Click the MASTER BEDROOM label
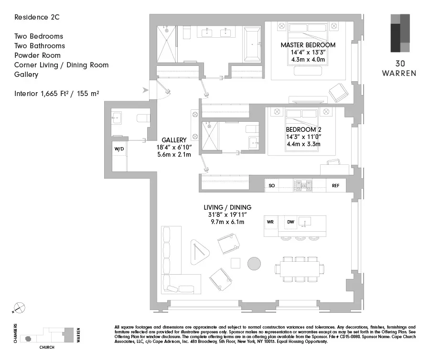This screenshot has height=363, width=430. click(x=308, y=45)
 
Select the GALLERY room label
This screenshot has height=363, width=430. click(x=173, y=140)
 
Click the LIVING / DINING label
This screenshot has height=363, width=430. click(x=227, y=207)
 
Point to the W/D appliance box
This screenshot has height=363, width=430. click(x=119, y=149)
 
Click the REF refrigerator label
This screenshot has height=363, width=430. click(x=335, y=185)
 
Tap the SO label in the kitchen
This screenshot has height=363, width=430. click(x=271, y=185)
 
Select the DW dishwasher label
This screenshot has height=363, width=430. click(x=290, y=222)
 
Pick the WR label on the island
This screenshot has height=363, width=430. click(x=270, y=222)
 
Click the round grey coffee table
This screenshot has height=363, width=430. click(x=254, y=264)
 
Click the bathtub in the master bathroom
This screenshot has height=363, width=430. click(x=252, y=44)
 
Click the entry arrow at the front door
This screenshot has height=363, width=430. click(x=145, y=89)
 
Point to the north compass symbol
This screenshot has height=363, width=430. click(x=20, y=309)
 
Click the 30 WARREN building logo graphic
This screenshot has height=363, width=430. click(x=399, y=33)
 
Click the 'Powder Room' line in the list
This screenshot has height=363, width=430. click(x=37, y=55)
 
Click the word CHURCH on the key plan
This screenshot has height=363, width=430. click(x=46, y=347)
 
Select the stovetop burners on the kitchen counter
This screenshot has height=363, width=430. click(x=303, y=185)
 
